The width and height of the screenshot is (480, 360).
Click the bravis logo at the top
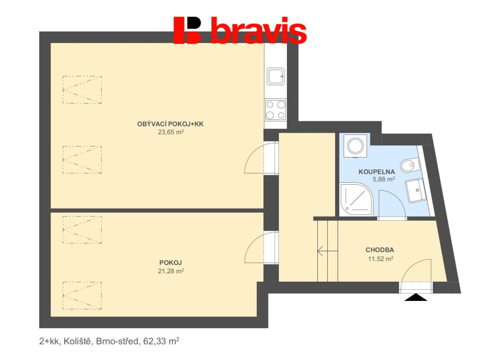(x=240, y=30)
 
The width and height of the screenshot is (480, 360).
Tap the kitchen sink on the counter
(x=275, y=76)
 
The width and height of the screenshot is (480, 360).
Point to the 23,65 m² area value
(x=170, y=132)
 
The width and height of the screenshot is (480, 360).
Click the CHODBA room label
(x=380, y=250)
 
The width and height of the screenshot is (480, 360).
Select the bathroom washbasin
(x=415, y=190)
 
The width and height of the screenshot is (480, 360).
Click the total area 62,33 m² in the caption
(x=159, y=342)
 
